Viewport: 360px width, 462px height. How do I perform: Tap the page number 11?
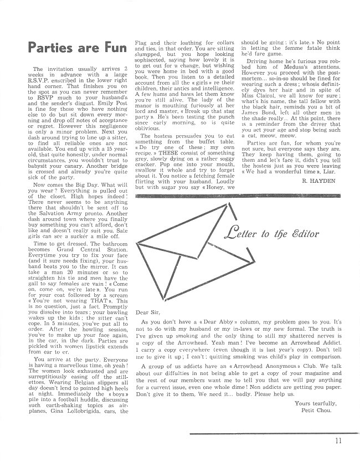click(x=338, y=442)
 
